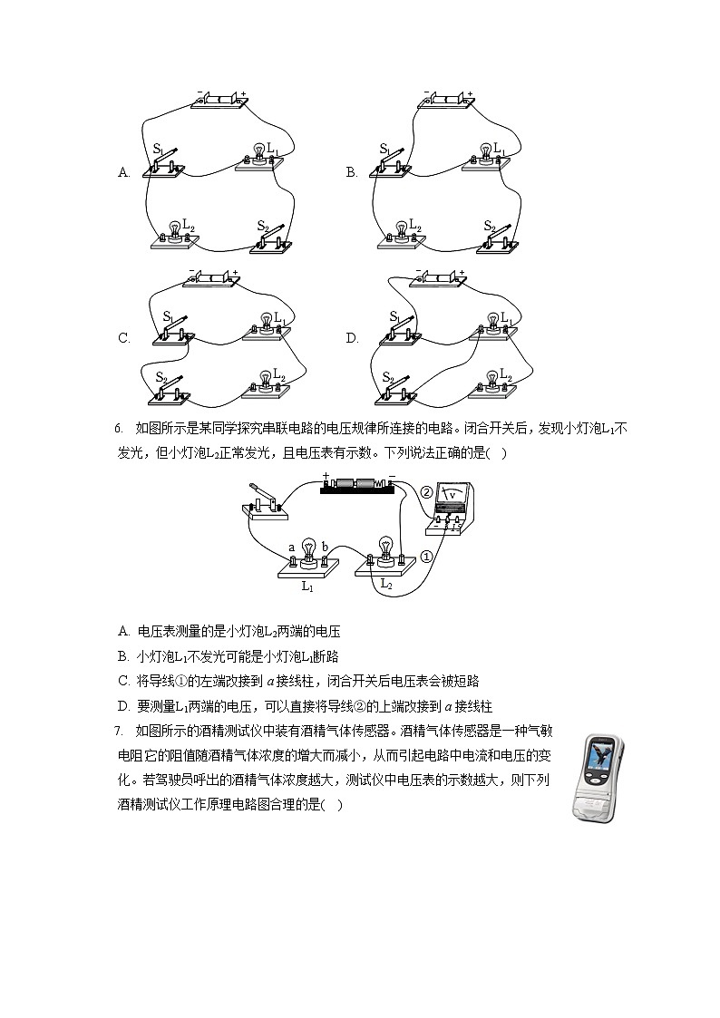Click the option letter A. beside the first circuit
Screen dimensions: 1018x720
tap(124, 172)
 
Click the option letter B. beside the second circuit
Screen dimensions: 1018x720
tap(352, 172)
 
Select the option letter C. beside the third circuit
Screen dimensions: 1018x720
tap(124, 338)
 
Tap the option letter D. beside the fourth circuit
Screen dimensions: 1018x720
tap(352, 338)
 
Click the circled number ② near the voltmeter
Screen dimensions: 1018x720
tap(426, 492)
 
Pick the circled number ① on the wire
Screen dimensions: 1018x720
tap(425, 557)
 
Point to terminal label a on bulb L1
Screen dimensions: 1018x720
tap(291, 548)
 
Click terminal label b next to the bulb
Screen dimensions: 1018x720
tap(325, 548)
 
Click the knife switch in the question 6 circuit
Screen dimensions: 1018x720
tap(267, 502)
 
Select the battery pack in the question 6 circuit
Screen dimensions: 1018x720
tap(357, 486)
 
